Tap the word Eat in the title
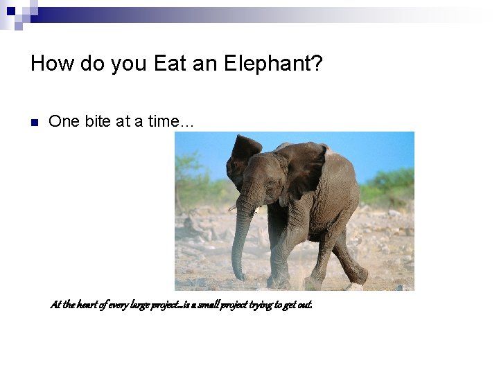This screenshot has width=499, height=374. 169,64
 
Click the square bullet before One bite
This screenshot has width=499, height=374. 33,123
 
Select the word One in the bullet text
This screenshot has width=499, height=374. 64,121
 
